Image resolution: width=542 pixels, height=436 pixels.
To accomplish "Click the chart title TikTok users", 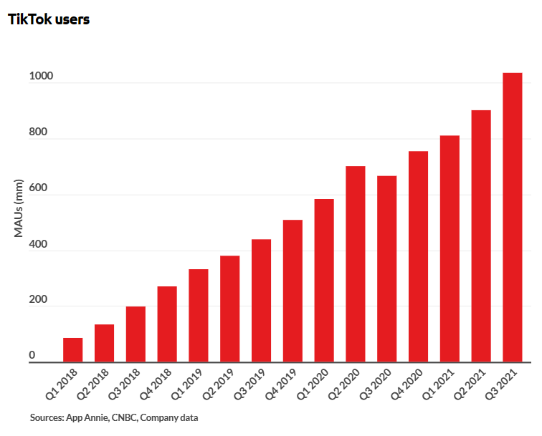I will (49, 20).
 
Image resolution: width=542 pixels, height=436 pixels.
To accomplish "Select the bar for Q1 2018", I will (72, 350).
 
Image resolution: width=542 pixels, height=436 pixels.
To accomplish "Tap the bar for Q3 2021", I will (512, 218).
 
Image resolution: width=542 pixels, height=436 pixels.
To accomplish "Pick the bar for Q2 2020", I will (355, 264).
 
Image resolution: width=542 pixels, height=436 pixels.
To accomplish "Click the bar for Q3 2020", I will (386, 269).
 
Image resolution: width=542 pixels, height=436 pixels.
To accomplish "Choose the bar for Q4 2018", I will (167, 324).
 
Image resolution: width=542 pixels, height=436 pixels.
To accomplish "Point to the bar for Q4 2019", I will (293, 291).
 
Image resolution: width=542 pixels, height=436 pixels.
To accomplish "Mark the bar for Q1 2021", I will (450, 249).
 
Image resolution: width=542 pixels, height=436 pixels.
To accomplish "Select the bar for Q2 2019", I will (229, 309).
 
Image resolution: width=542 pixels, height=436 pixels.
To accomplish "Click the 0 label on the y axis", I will (32, 356).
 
